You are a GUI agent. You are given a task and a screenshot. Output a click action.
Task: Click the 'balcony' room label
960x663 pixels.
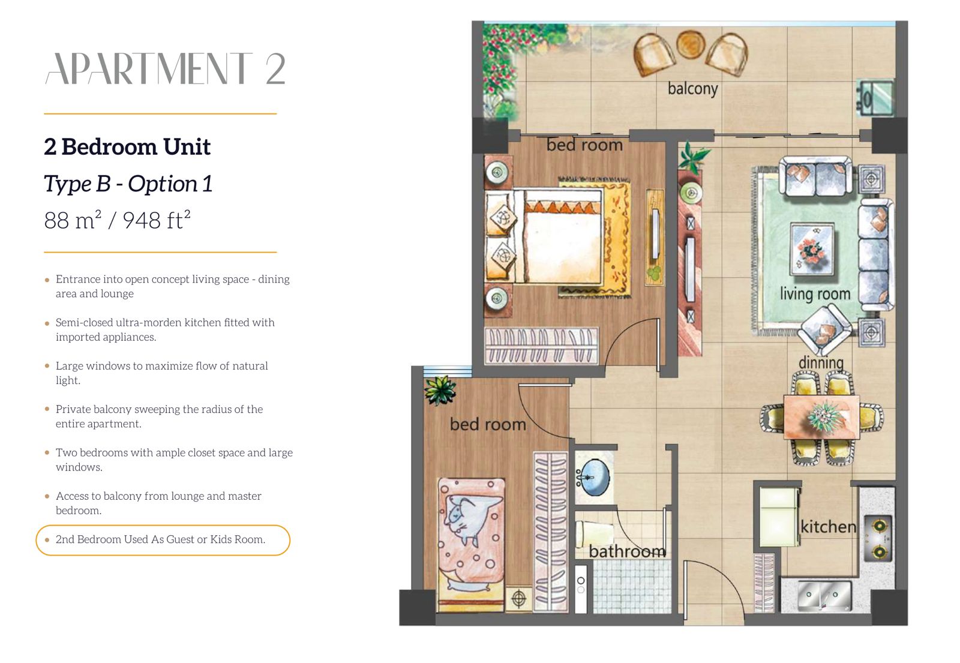coord(692,89)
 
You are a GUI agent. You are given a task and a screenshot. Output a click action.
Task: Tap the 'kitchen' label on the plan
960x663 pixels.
coord(829,526)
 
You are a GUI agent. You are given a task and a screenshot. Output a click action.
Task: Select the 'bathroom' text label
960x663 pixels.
coord(627,551)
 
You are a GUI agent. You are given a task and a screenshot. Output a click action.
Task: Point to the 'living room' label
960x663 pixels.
coord(815,293)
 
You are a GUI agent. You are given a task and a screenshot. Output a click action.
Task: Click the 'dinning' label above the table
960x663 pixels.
coord(821,362)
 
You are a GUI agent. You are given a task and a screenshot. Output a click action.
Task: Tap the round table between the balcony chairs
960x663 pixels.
coord(691,44)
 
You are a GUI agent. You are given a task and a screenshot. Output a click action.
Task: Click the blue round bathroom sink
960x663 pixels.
coord(594,478)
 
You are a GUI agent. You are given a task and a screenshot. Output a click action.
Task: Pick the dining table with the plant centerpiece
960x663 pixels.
coord(821,417)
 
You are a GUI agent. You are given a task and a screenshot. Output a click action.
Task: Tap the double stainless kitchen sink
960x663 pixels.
coord(824,595)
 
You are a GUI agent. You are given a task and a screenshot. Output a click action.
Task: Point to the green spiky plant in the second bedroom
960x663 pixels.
coord(439,390)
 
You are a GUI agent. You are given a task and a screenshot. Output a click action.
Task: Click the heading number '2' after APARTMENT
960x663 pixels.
coord(275,69)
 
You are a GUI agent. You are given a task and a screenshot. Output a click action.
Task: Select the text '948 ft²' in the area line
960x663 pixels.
coord(157,220)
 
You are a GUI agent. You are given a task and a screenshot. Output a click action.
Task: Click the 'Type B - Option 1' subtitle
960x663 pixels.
coord(128,184)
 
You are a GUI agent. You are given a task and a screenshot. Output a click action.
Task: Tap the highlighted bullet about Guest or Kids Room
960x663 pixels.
coord(163,540)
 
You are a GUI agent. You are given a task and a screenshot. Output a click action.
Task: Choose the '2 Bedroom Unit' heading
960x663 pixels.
coord(127,147)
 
